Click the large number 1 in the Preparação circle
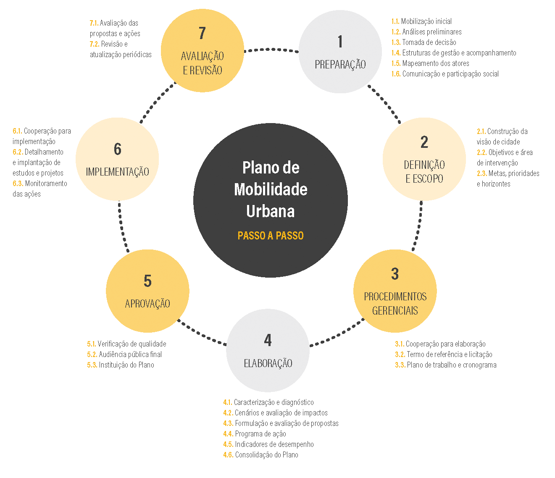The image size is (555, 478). [340, 42]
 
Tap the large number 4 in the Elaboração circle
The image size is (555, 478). [268, 340]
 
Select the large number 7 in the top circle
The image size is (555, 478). [202, 33]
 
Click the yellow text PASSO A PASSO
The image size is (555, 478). [271, 236]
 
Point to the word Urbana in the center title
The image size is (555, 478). [271, 211]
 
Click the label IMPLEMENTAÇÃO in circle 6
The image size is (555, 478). [117, 172]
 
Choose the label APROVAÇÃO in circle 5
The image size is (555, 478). [147, 304]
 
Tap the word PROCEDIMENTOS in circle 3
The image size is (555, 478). [395, 297]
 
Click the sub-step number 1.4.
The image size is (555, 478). [396, 53]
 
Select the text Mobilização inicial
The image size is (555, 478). [426, 21]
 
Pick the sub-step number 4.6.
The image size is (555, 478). [228, 455]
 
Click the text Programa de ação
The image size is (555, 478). [260, 434]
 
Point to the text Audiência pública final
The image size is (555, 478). [130, 355]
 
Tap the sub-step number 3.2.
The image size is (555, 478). [400, 355]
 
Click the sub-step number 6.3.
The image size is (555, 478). [18, 184]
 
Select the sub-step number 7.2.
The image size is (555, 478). [95, 44]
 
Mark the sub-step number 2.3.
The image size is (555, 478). [482, 173]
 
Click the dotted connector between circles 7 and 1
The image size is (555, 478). [271, 50]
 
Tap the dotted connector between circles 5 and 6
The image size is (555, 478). [122, 226]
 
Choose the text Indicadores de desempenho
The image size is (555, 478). [274, 444]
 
